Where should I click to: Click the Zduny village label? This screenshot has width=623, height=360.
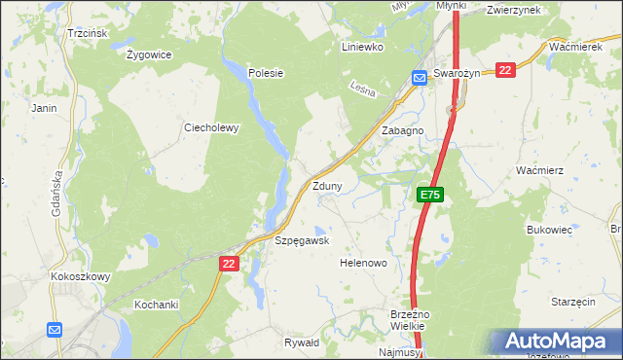[x=326, y=187]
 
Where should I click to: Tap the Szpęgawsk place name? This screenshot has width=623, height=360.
[x=302, y=240]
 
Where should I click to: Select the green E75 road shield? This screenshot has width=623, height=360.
[x=431, y=196]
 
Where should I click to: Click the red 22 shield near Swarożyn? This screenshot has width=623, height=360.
[x=504, y=70]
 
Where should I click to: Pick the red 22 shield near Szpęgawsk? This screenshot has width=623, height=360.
[x=228, y=264]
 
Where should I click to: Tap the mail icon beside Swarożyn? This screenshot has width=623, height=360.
[x=419, y=78]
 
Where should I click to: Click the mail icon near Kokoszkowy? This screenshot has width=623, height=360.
[x=54, y=330]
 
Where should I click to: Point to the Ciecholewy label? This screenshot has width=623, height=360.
[x=211, y=127]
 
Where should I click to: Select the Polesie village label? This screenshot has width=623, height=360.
[x=265, y=72]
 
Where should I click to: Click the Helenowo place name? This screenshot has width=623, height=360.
[x=363, y=263]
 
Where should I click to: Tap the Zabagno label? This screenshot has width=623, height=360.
[x=402, y=130]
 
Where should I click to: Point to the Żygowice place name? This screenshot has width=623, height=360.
[x=149, y=54]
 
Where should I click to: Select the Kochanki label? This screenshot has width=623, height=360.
[x=156, y=305]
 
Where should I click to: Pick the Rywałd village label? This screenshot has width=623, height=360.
[x=302, y=342]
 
